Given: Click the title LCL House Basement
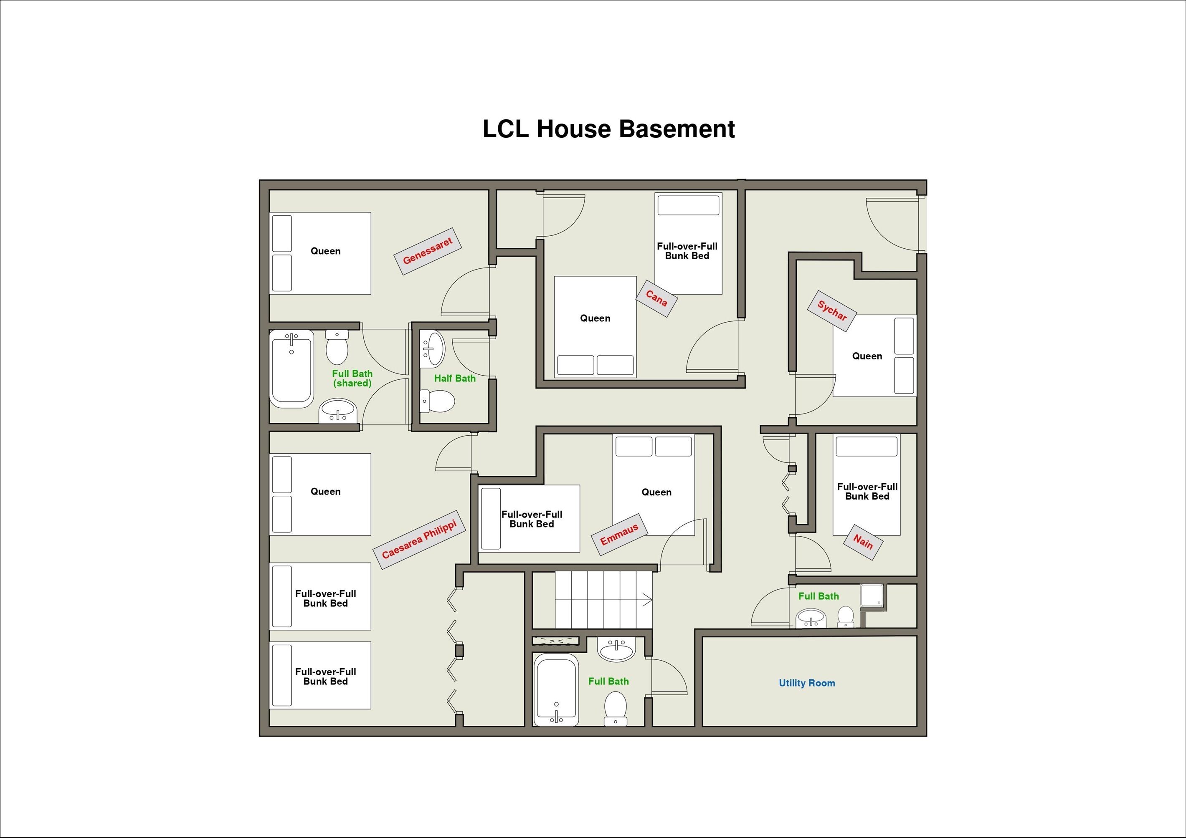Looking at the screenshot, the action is click(x=608, y=129).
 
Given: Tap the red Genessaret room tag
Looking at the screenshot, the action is click(x=427, y=251).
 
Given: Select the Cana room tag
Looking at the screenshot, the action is click(x=656, y=298).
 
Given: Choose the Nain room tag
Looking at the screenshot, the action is click(x=863, y=543).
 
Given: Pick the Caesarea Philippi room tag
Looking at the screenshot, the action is click(x=419, y=540).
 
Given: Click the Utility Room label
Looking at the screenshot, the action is click(x=807, y=683).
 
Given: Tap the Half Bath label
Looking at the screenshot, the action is click(x=455, y=379).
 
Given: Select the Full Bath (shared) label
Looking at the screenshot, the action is click(x=352, y=379).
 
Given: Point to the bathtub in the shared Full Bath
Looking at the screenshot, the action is click(x=292, y=369).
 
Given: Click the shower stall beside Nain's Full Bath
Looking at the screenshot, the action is click(x=872, y=596).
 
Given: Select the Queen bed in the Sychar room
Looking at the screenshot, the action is click(x=874, y=356).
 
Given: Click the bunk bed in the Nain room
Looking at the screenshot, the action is click(x=867, y=485).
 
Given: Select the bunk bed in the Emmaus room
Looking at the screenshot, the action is click(x=529, y=519).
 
